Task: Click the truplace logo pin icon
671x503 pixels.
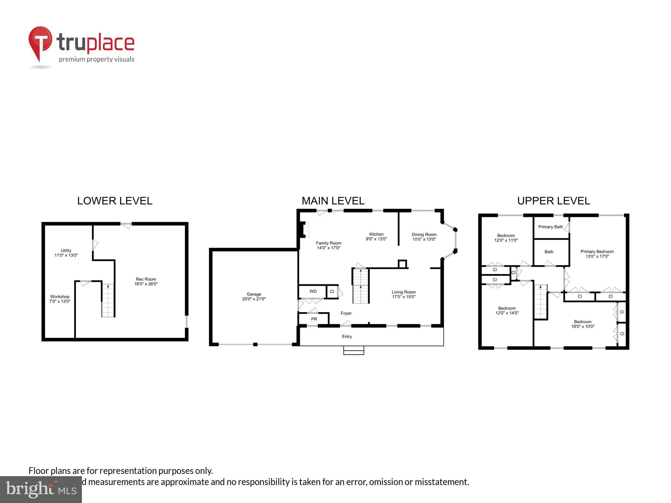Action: pos(40,43)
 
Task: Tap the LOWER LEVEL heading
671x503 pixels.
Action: pos(115,201)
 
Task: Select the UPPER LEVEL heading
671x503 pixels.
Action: pos(553,201)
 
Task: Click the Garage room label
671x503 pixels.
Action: pos(254,294)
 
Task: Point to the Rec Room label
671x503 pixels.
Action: pos(146,279)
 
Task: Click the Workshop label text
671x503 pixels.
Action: pos(60,297)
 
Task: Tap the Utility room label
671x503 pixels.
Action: pos(66,251)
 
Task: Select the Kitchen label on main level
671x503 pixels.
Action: pos(376,234)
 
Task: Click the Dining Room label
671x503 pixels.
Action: pos(424,234)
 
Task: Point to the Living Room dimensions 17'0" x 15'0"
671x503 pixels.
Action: pos(404,297)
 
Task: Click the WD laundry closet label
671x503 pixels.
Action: pos(313,291)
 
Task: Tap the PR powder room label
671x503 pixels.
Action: pos(314,319)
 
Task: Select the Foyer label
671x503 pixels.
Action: pos(346,313)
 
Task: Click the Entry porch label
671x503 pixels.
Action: pos(347,337)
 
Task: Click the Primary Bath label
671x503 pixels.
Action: pos(550,227)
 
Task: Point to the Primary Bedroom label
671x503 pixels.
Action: pos(597,251)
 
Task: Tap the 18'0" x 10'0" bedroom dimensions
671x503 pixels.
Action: pos(583,326)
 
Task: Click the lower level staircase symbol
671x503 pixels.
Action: pos(108,301)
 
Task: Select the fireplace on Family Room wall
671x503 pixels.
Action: pos(304,229)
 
